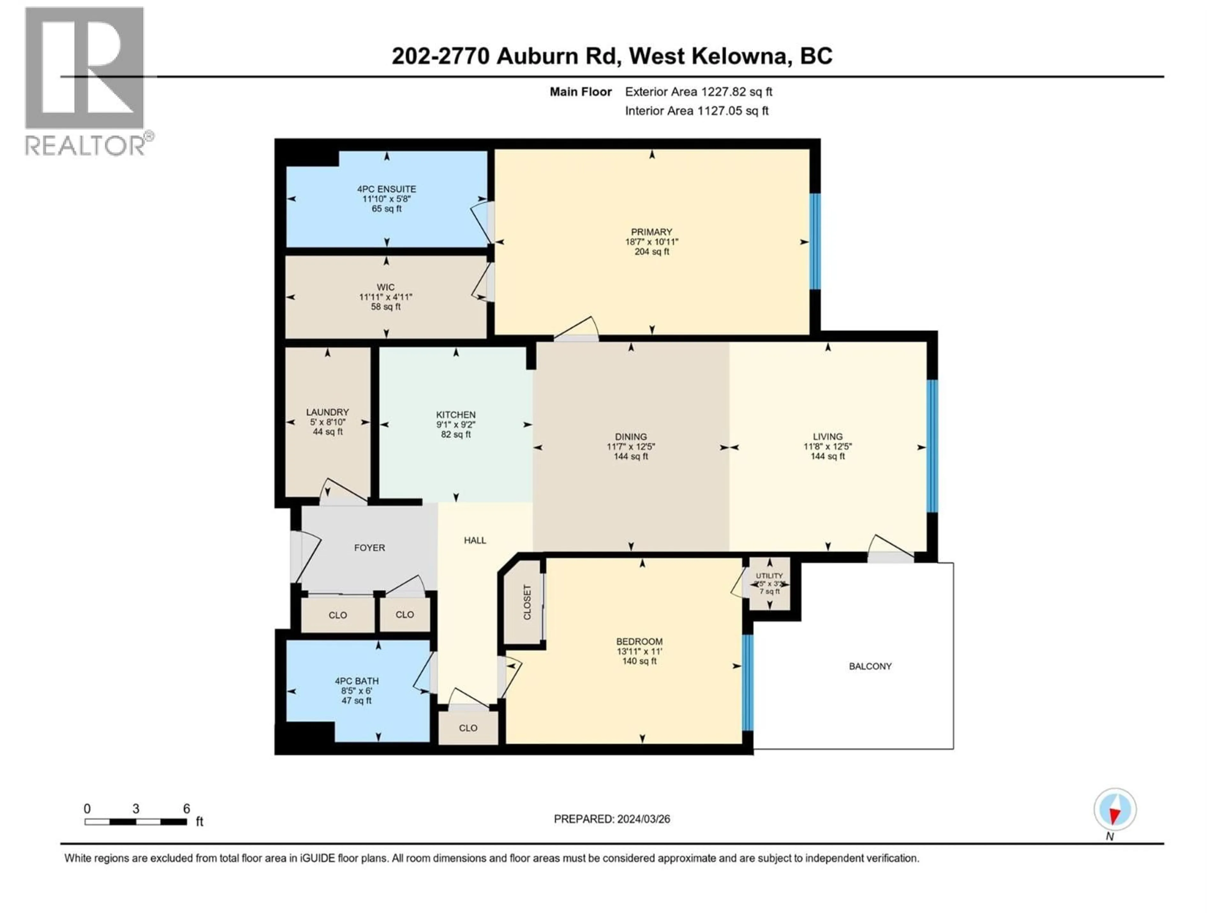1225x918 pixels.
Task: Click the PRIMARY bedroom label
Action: coord(651,232)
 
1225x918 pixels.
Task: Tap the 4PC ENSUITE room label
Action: coord(386,189)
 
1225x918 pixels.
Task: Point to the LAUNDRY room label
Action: coord(327,412)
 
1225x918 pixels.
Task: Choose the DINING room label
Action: coord(630,437)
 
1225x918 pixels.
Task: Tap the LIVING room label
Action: coord(828,437)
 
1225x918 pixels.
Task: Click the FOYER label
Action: coord(369,548)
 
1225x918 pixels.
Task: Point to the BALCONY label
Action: coord(870,666)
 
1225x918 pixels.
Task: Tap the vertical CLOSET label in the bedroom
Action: coord(527,602)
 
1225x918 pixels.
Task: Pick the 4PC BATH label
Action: coord(356,681)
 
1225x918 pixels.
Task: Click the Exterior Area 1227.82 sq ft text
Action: coord(698,92)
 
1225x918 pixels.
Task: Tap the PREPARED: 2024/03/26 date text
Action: coord(612,819)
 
